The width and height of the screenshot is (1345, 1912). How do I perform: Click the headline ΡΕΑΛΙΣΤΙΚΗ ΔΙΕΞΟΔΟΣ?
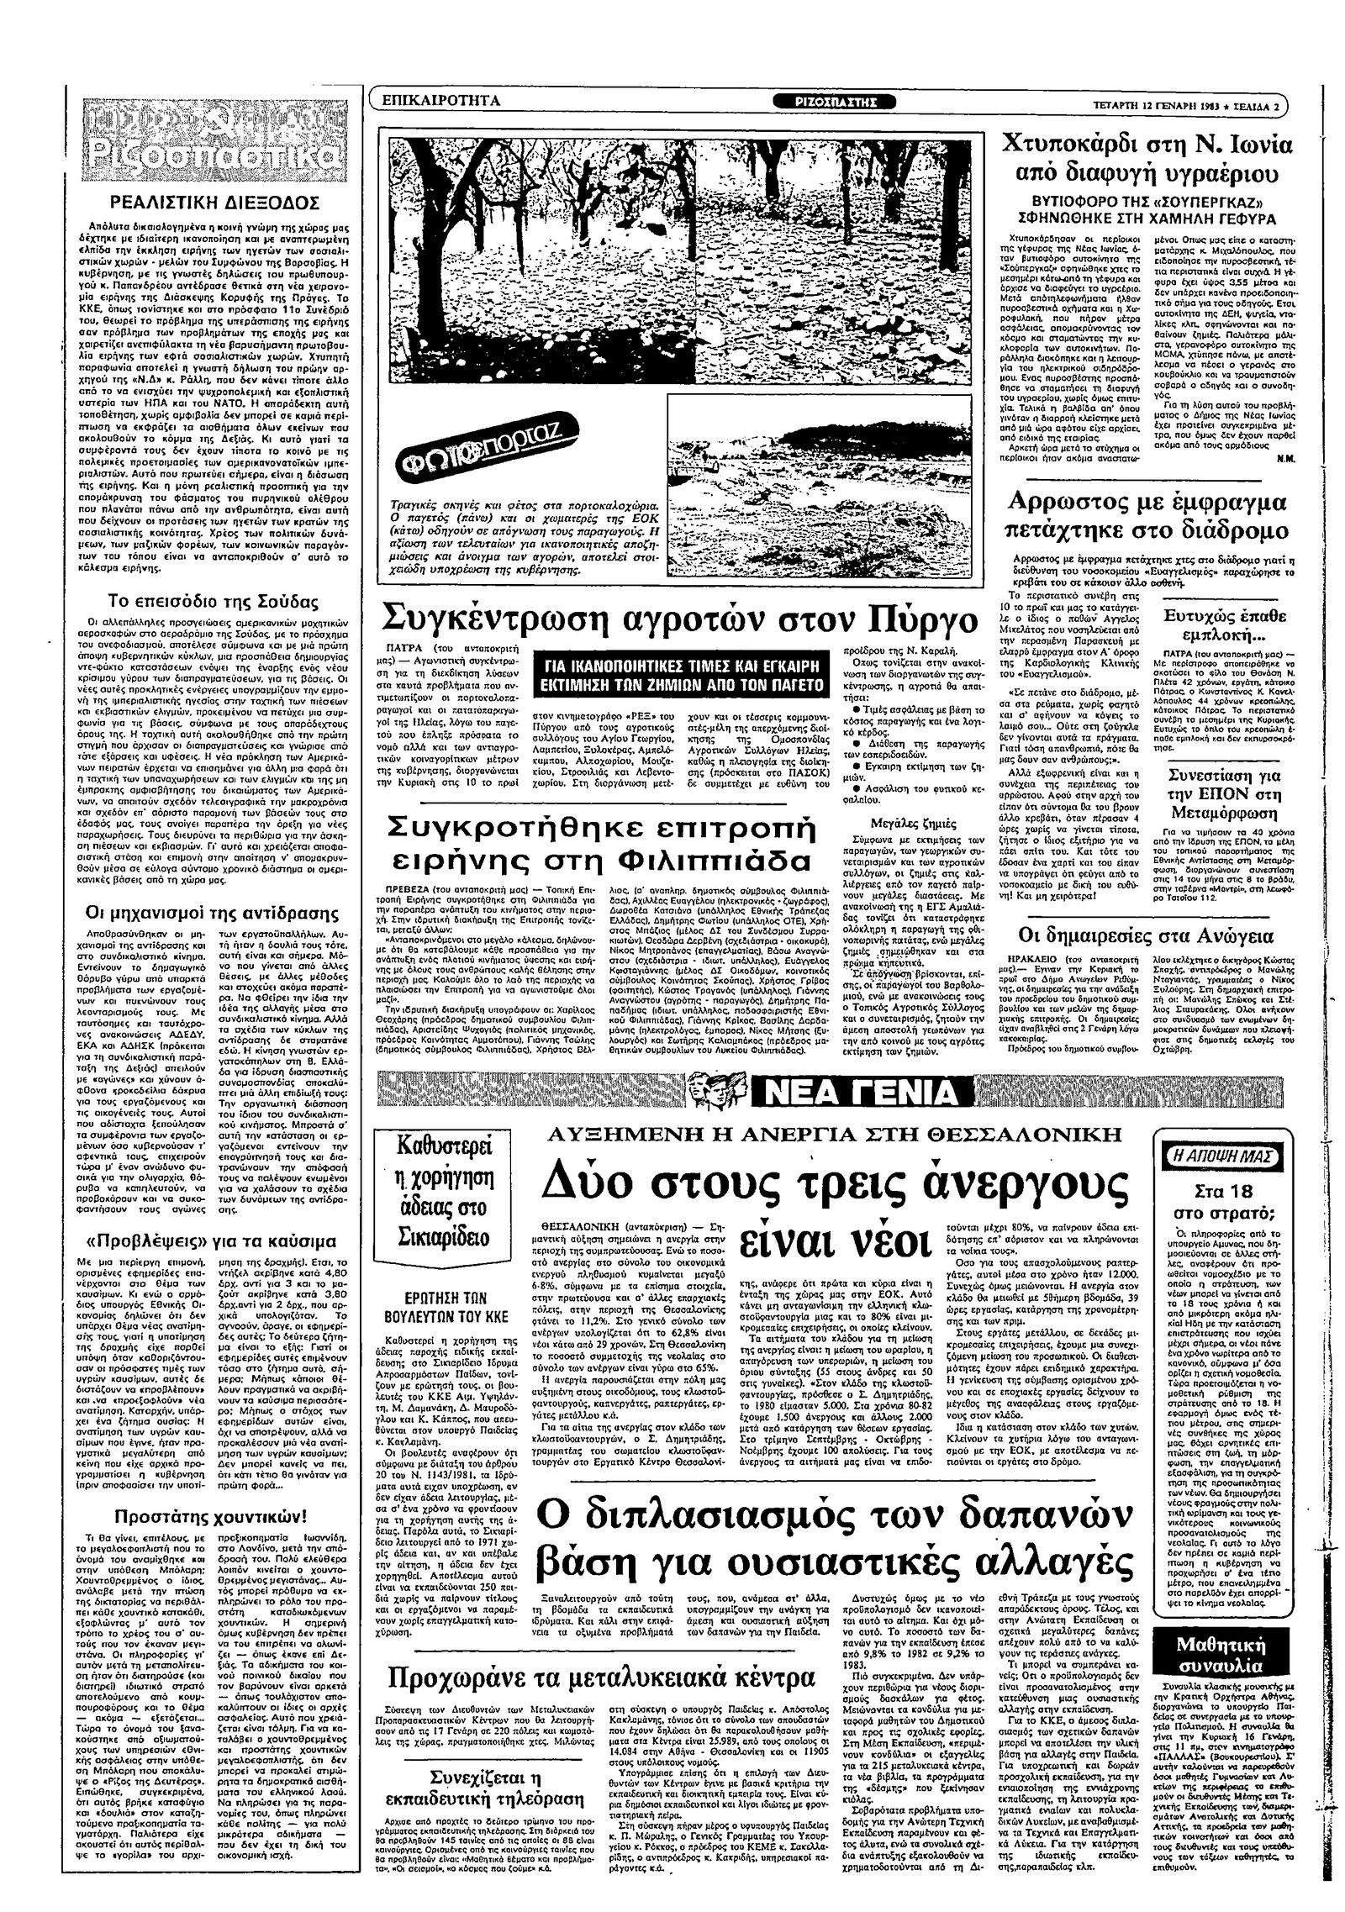click(218, 203)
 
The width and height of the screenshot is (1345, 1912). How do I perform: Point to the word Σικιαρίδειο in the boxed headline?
click(443, 1238)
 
